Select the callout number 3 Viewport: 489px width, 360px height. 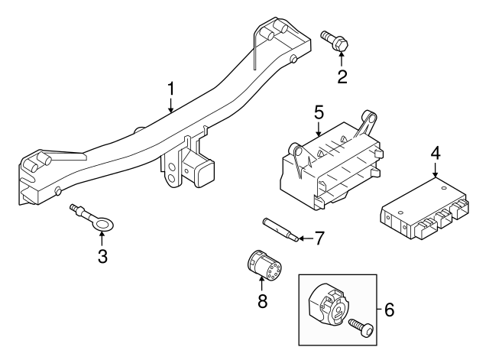pos(102,256)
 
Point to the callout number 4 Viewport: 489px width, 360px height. pos(435,153)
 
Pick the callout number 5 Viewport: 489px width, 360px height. pos(319,113)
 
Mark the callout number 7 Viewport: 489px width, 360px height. pos(319,238)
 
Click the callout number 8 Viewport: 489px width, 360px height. pos(263,301)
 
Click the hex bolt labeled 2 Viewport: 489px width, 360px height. pos(334,41)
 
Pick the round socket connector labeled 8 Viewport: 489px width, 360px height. pos(261,265)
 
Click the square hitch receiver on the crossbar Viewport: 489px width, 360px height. pos(202,170)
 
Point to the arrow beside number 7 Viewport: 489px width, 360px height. pos(303,238)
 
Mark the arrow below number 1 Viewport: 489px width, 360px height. pos(172,107)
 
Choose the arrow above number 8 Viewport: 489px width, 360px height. pos(263,286)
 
